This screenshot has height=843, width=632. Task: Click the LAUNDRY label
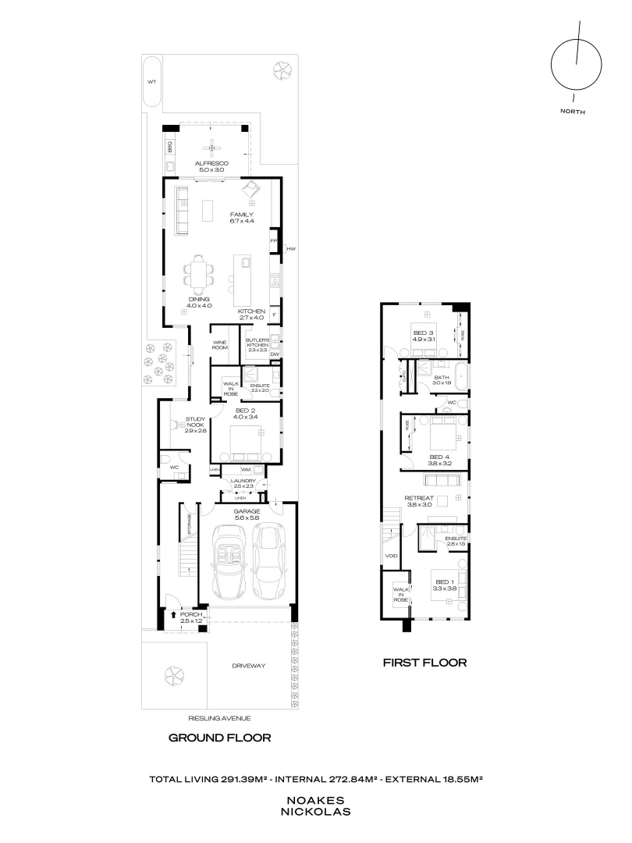click(x=243, y=482)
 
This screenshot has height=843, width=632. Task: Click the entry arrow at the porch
click(x=172, y=615)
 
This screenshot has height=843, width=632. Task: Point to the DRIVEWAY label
click(x=249, y=666)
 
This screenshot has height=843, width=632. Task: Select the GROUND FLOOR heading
click(x=220, y=738)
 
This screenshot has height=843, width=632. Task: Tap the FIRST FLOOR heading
click(x=424, y=663)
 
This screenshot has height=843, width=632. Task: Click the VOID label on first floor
click(x=391, y=556)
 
